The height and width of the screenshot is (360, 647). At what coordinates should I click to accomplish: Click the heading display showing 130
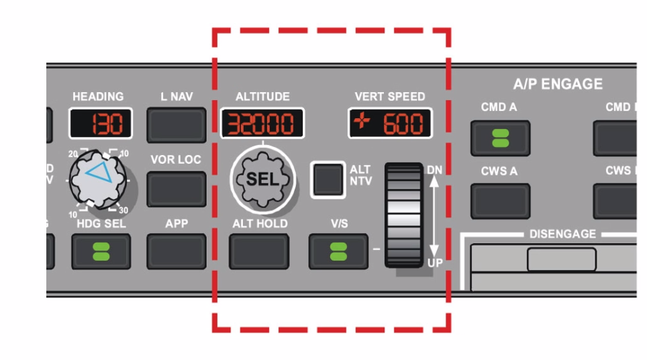101,124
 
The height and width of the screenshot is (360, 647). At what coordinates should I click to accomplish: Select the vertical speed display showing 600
390,124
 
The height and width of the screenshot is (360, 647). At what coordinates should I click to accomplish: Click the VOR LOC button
177,189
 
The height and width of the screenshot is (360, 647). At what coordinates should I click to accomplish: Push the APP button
177,252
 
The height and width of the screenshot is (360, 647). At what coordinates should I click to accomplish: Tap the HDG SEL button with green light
101,252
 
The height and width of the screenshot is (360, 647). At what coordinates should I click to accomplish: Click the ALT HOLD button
259,252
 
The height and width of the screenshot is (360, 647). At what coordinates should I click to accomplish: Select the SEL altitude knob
262,179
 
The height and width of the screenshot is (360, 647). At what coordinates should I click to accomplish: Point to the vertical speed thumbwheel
405,215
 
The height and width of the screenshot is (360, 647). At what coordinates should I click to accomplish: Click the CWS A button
500,200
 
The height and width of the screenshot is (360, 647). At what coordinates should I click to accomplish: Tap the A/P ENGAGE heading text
558,84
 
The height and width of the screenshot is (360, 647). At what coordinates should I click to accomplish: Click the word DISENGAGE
562,234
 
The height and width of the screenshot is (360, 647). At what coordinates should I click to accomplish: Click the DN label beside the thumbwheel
435,170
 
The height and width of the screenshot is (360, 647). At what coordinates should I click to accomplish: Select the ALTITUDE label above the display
262,97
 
